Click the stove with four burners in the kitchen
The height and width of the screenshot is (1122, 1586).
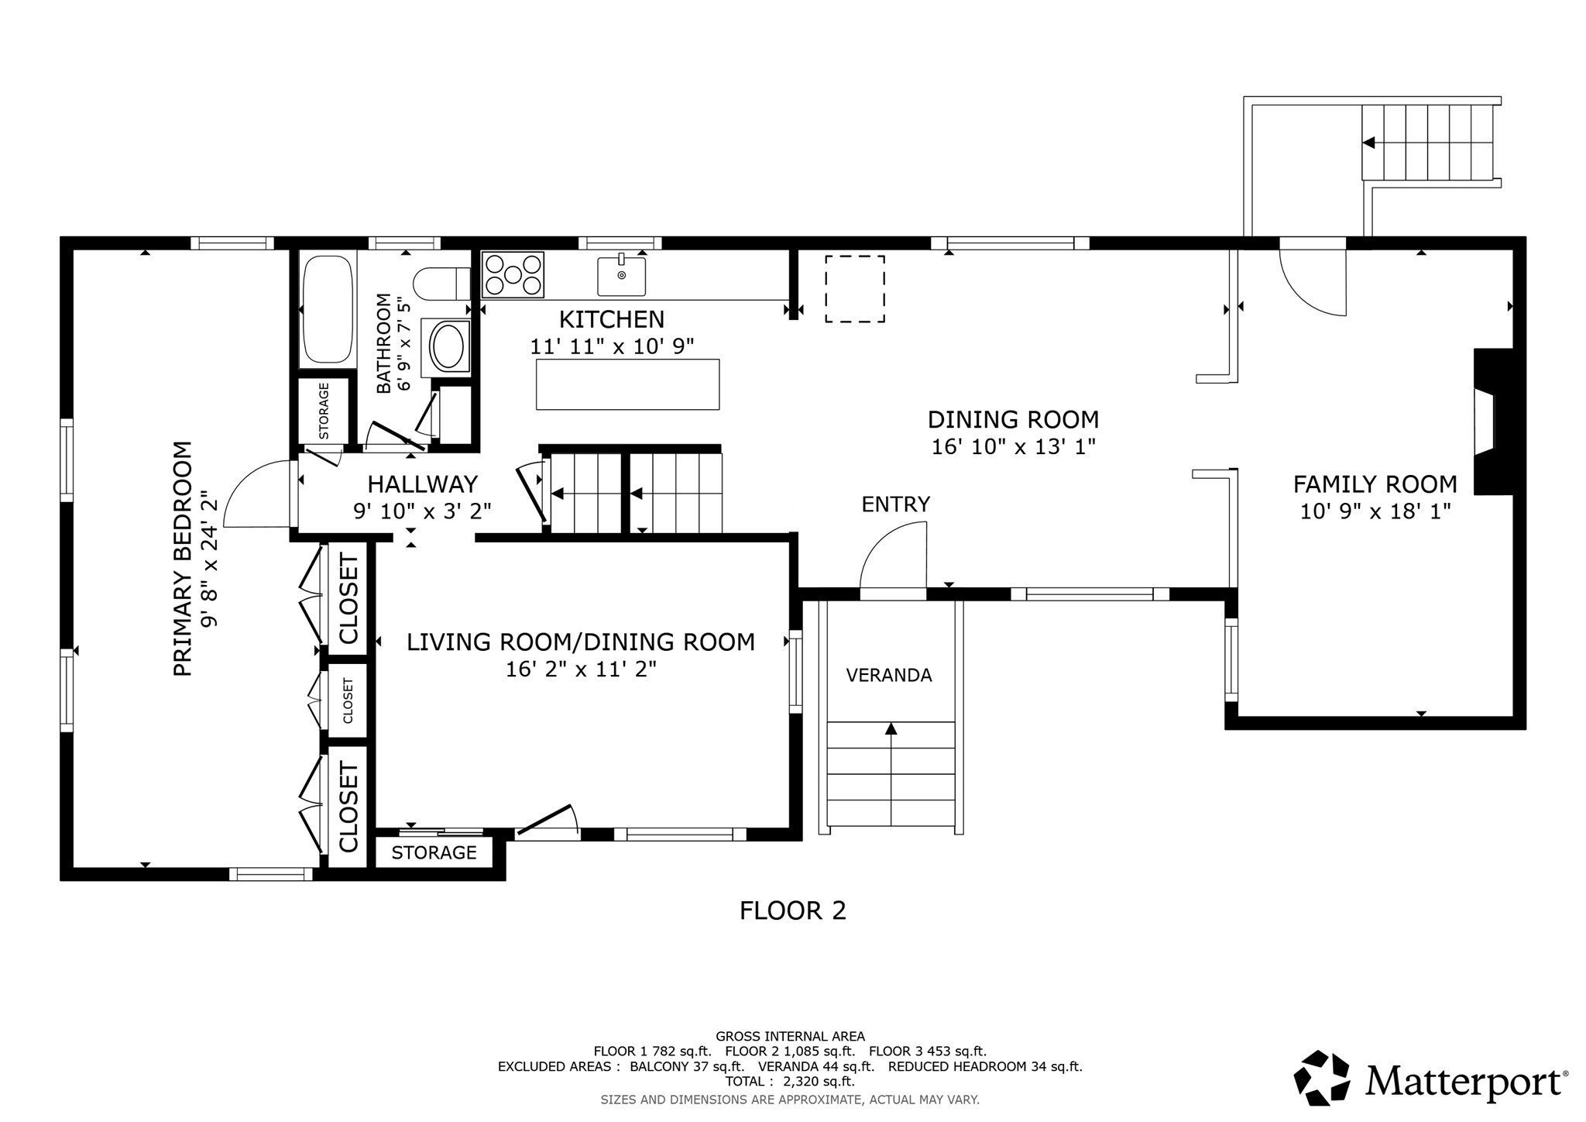pos(513,274)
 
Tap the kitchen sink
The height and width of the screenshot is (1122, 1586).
pos(621,276)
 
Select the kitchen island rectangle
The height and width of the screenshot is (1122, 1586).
pos(627,384)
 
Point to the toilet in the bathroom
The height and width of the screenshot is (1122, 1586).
pos(441,284)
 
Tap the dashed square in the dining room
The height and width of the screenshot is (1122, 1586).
pos(854,288)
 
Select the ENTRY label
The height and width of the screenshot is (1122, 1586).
pos(895,504)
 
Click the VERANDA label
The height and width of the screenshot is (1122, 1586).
pos(888,676)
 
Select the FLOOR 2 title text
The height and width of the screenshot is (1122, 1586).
pos(792,910)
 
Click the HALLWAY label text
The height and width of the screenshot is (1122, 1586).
pos(422,484)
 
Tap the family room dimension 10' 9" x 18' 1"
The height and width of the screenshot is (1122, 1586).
pos(1375,511)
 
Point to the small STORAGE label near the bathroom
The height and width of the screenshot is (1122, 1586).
pos(324,411)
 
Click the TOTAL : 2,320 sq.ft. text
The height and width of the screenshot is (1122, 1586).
pos(789,1082)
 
